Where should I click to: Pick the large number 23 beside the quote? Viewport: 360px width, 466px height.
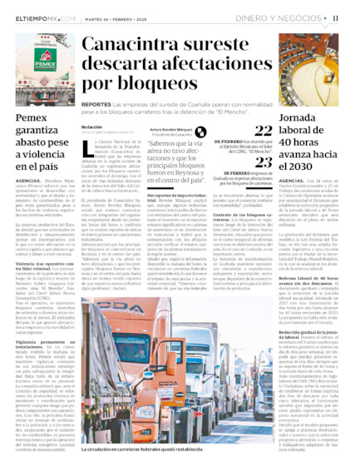pyautogui.click(x=263, y=162)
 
